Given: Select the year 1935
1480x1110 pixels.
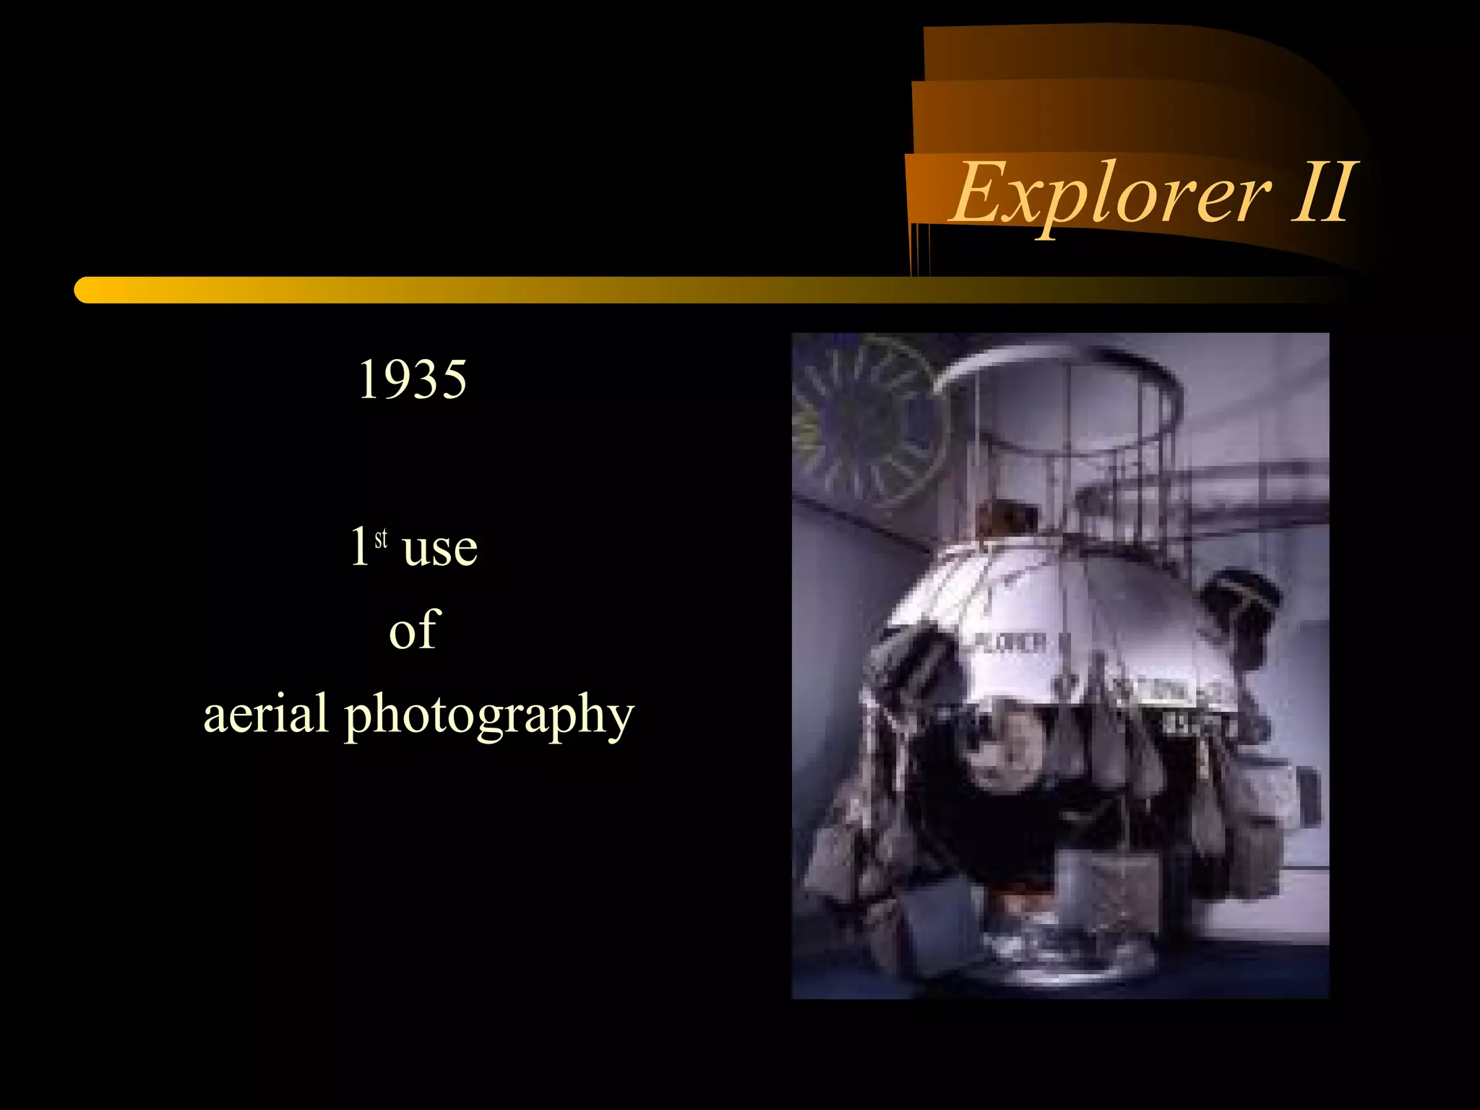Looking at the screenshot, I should click(413, 379).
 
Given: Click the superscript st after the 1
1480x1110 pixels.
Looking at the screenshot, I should click(381, 538).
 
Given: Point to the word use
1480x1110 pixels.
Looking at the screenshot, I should click(439, 548).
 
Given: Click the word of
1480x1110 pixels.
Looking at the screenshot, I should click(414, 630).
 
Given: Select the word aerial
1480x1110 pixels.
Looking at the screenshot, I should click(265, 714).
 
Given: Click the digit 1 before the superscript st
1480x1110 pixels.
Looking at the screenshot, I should click(359, 546).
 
